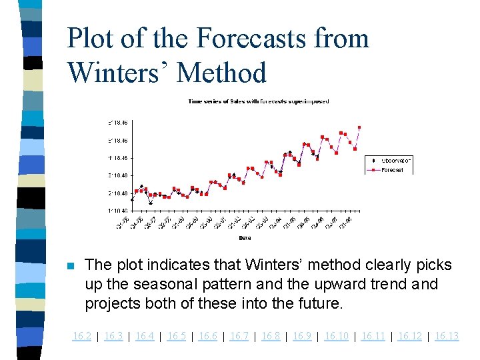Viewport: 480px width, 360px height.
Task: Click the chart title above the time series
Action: point(258,101)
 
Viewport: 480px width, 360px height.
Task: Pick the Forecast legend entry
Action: point(393,170)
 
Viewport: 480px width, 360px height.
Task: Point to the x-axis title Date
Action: point(245,238)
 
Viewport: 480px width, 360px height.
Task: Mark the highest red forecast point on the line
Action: point(359,127)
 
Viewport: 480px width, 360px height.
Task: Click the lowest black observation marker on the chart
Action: point(151,203)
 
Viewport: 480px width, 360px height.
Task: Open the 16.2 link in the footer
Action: point(82,336)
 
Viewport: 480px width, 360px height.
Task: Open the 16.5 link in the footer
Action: point(177,336)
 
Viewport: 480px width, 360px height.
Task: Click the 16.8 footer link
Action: point(271,336)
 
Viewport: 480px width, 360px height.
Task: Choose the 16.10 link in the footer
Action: point(336,336)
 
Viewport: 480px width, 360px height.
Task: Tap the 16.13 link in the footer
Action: point(447,336)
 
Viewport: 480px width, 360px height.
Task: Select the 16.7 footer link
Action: point(239,336)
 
